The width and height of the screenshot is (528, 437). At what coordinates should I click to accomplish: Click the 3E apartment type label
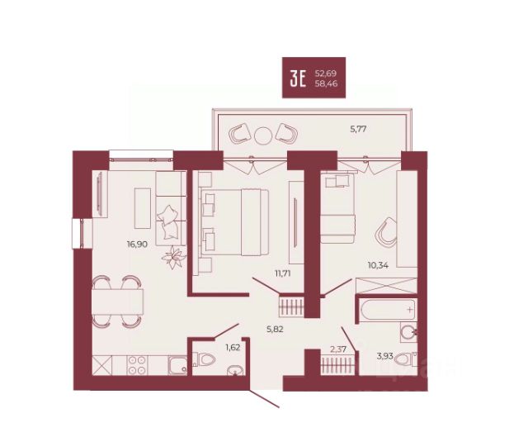coord(298,79)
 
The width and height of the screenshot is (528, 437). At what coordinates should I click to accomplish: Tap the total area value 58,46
coord(326,83)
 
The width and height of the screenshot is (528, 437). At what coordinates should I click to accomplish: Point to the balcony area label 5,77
coord(358,129)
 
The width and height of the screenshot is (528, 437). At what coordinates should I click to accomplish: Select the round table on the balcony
coord(263,135)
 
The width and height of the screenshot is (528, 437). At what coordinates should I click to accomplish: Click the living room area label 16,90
coord(137,245)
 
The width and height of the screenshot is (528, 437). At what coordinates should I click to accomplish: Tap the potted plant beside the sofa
coord(174,258)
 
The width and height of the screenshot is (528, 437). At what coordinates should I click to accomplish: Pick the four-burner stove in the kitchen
coord(138,365)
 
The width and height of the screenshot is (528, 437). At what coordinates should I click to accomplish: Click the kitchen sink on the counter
coord(178,365)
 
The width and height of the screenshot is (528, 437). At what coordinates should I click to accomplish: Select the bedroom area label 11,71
coord(283,273)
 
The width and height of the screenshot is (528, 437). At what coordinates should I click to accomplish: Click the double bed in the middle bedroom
coord(234,222)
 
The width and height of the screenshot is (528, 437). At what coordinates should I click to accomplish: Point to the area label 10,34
coord(378,265)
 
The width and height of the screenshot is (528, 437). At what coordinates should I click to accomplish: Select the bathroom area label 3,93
coord(385,356)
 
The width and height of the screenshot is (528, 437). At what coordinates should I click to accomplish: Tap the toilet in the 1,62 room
coord(204,359)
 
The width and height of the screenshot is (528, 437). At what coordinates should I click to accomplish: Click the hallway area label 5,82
coord(275,329)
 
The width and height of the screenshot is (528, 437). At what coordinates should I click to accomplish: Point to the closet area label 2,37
coord(338,349)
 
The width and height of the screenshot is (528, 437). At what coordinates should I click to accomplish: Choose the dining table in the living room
coord(118,302)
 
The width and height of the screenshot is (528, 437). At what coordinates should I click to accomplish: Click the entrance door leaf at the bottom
coord(264,398)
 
